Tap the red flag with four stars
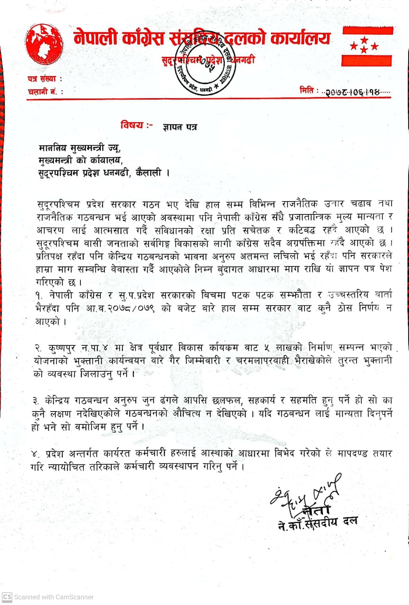point(367,46)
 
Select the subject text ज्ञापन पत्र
point(180,127)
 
